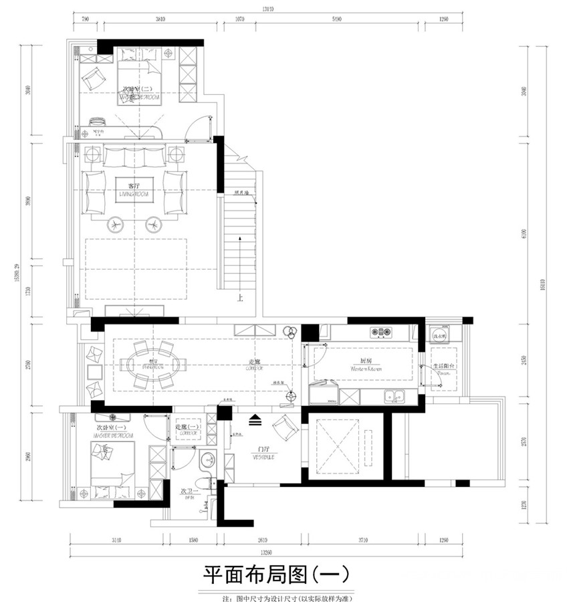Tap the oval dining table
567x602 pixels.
(158, 365)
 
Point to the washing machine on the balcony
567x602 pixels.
(439, 334)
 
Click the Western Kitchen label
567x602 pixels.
(366, 367)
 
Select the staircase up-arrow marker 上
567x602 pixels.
(239, 299)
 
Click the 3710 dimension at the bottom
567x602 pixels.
(362, 541)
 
